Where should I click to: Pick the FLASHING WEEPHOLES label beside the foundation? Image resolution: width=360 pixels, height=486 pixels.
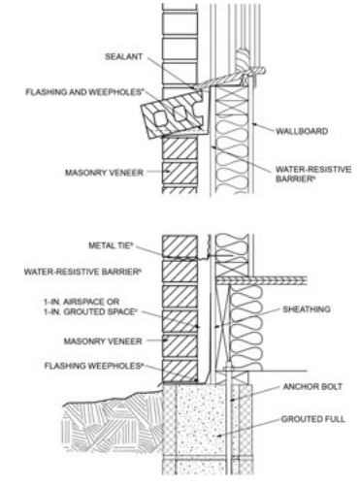tap(96, 367)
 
